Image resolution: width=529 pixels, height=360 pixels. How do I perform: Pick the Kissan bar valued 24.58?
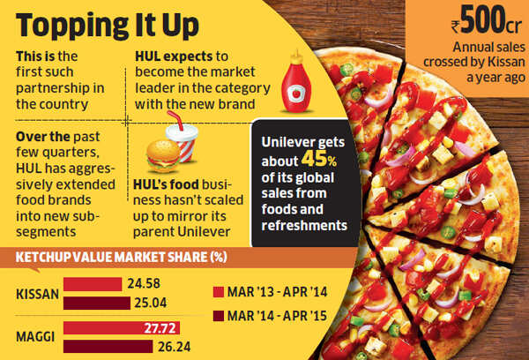(x=92, y=284)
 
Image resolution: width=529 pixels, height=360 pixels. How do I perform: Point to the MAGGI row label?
(x=36, y=336)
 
